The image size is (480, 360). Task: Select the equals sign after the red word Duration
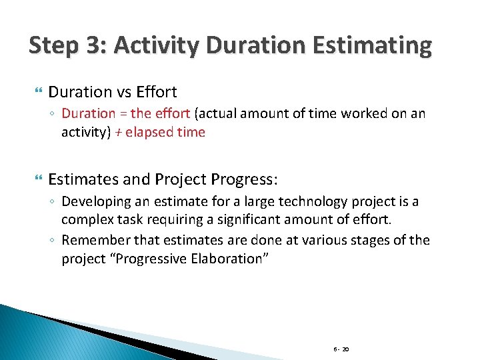124,114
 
